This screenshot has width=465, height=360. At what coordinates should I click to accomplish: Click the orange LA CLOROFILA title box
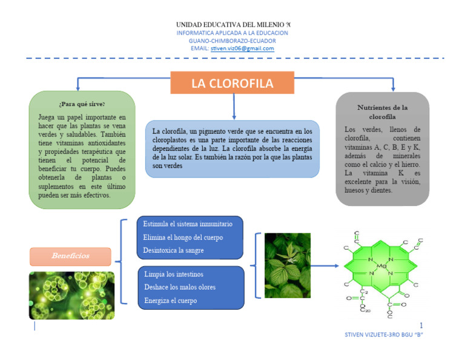[x=232, y=83]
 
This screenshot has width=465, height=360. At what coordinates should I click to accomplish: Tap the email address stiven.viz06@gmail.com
[x=242, y=48]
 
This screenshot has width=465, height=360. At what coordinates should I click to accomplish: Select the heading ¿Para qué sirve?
[x=82, y=104]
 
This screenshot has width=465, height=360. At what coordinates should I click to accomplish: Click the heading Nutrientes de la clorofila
[x=383, y=112]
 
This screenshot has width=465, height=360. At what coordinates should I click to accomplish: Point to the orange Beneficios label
[x=70, y=256]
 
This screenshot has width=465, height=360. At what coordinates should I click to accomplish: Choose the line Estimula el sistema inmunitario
[x=187, y=224]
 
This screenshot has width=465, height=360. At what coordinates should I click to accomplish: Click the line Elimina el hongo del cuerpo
[x=183, y=237]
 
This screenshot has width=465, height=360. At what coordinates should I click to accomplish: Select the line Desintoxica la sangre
[x=173, y=250]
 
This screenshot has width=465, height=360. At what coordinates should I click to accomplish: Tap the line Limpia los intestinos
[x=173, y=275]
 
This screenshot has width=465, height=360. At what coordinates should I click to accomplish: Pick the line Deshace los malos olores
[x=180, y=287]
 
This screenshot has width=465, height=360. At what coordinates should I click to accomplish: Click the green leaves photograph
[x=288, y=265]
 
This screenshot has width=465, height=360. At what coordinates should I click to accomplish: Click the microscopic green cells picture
[x=71, y=295]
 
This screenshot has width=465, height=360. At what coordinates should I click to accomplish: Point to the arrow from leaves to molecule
[x=325, y=265]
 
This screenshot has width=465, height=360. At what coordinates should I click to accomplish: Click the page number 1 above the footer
[x=421, y=325]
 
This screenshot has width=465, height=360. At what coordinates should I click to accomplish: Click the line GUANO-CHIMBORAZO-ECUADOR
[x=232, y=41]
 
